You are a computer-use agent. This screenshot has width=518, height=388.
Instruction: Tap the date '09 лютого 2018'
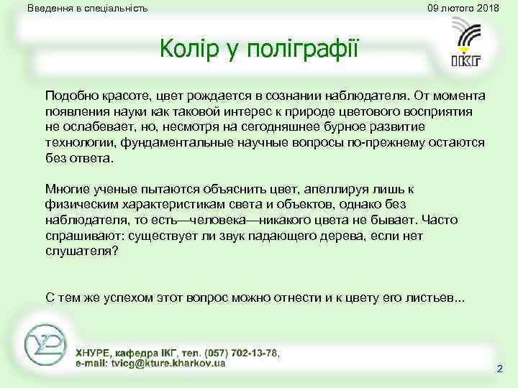point(463,8)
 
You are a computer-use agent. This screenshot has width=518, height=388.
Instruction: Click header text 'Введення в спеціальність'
point(87,9)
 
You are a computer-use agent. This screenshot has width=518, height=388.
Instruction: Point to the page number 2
point(499,369)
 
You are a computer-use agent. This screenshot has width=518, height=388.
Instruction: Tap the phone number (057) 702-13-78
point(242,353)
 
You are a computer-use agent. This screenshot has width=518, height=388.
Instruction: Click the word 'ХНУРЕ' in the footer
point(94,353)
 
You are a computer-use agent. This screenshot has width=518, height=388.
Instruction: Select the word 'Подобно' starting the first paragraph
point(69,96)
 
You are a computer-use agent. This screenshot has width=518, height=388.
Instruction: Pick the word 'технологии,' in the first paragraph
point(76,142)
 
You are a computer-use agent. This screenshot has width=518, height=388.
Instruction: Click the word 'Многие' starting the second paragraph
point(65,189)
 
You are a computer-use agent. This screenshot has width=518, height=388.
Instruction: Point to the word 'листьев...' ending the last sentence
point(437,297)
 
